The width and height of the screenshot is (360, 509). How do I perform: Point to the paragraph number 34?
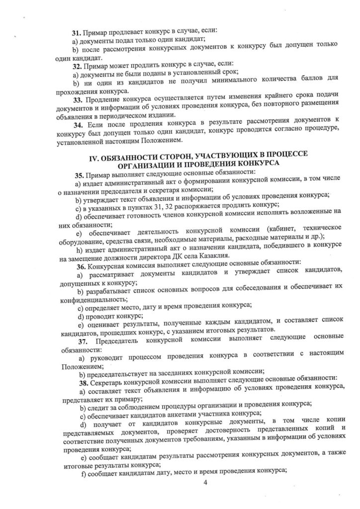[78, 126]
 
